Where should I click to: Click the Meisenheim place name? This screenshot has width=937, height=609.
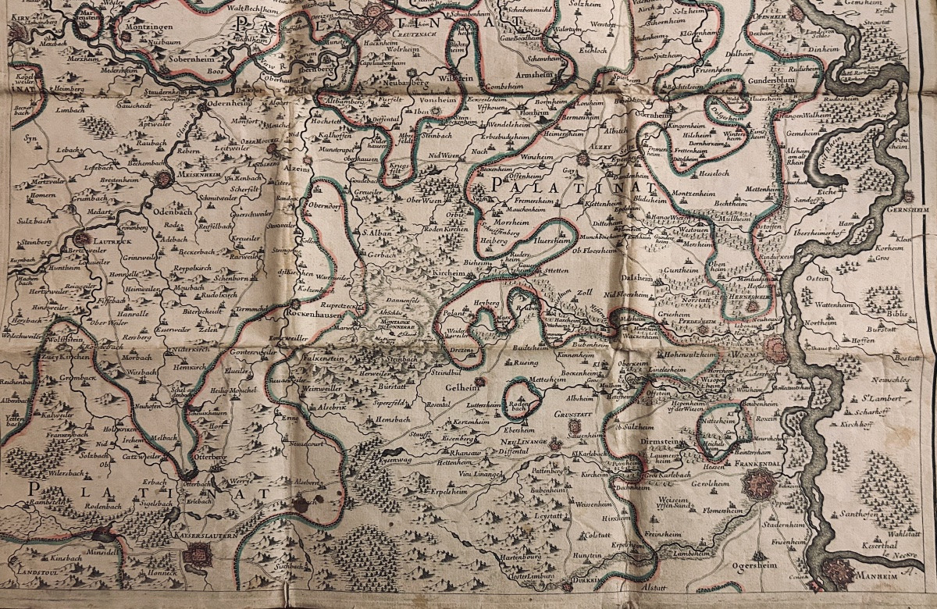189,186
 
